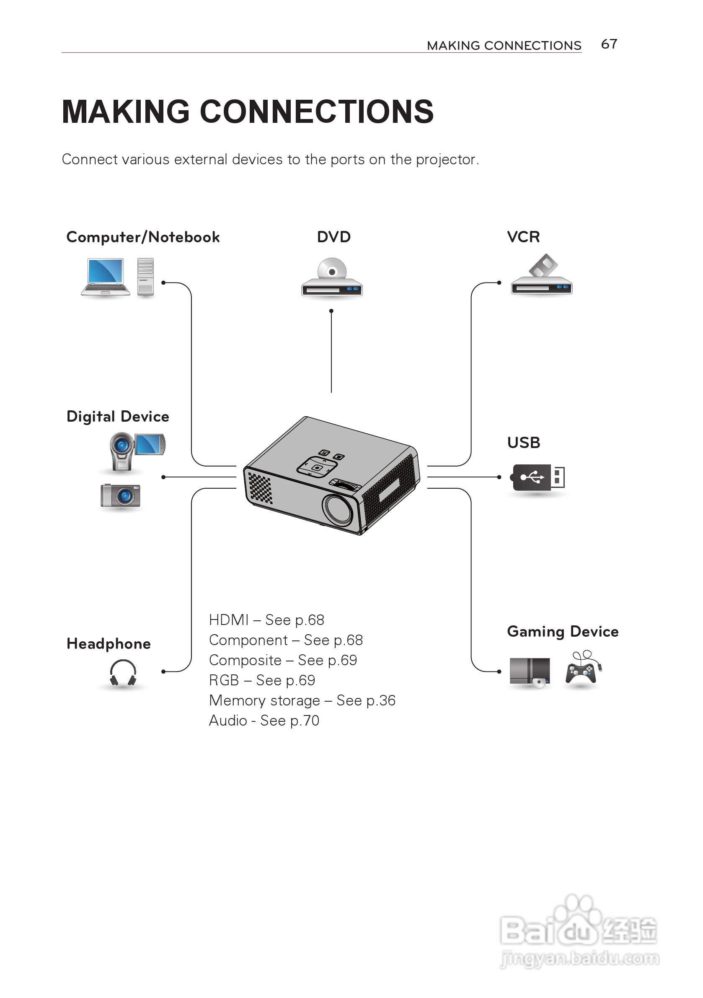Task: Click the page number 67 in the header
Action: coord(609,44)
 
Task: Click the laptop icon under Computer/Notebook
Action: coord(106,277)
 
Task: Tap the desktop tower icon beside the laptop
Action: coord(145,277)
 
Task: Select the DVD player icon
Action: coord(332,278)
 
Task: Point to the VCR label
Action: coord(523,237)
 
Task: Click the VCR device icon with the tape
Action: coord(541,277)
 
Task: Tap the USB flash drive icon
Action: coord(538,477)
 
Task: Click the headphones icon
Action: coord(123,673)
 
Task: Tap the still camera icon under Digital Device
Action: coord(120,495)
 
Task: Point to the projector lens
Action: coord(339,508)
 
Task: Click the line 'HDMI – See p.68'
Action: coord(266,620)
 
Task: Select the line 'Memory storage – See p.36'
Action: coord(302,700)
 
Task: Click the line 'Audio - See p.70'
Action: coord(264,721)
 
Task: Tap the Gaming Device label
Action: coord(562,632)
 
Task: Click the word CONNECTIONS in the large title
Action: coord(316,112)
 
